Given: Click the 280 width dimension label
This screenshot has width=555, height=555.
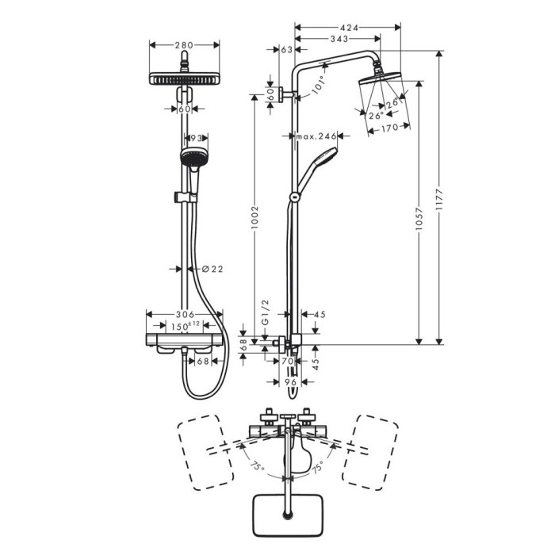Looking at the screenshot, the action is coord(184,45).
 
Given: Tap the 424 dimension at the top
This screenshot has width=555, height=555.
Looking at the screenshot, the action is coord(349,28).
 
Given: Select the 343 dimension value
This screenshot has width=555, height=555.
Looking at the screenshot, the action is coord(339,39).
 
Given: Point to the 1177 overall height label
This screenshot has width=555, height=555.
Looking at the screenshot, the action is coord(439,200).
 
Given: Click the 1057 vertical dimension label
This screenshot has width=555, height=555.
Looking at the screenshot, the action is coord(419,219).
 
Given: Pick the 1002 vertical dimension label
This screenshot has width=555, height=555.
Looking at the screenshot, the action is coord(255,217).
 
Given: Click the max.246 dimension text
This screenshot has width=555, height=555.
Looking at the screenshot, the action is coord(316,136).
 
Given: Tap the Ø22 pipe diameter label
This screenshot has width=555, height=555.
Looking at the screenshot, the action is coord(212,270).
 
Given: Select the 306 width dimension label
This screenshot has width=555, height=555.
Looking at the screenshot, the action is coord(185,314).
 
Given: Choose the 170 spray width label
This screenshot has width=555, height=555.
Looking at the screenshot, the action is coord(390,128).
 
